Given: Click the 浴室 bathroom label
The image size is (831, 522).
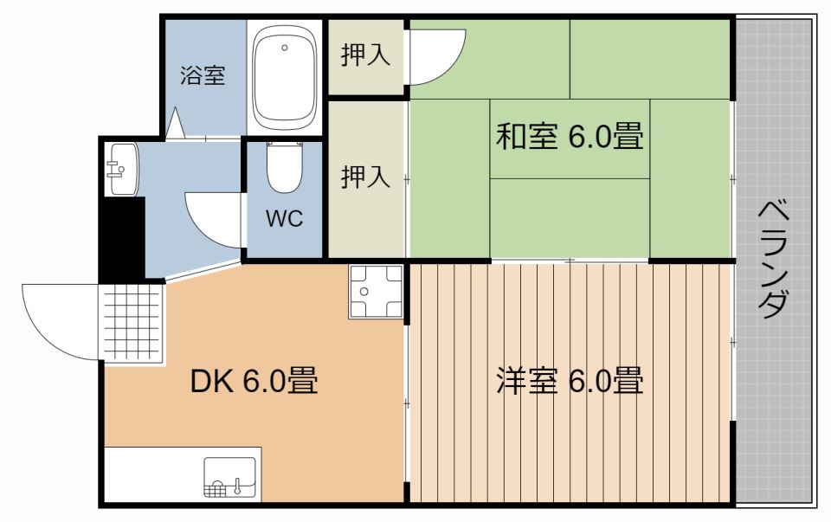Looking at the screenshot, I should pos(203,76).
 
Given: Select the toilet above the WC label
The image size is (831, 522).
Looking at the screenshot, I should pos(283,170).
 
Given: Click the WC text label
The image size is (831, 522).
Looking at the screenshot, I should pos(283,220).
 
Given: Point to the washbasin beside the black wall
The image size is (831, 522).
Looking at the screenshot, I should pos(119,168).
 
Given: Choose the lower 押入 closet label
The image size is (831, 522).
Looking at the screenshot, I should pos(365,177).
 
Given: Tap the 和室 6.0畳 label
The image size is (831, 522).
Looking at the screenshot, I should pos(569,138).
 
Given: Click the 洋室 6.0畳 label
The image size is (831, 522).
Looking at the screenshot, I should pos(569,381).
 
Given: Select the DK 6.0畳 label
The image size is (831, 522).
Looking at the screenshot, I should pos(254,381).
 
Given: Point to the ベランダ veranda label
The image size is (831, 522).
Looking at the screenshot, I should pos(774,260).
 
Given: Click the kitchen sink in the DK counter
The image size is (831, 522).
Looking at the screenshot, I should pos(229,477).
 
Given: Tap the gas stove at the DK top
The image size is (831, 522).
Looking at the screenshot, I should pos(376,292).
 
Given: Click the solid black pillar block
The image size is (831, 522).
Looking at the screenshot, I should pos(119,238).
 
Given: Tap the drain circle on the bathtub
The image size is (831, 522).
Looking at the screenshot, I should pos(283,48).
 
